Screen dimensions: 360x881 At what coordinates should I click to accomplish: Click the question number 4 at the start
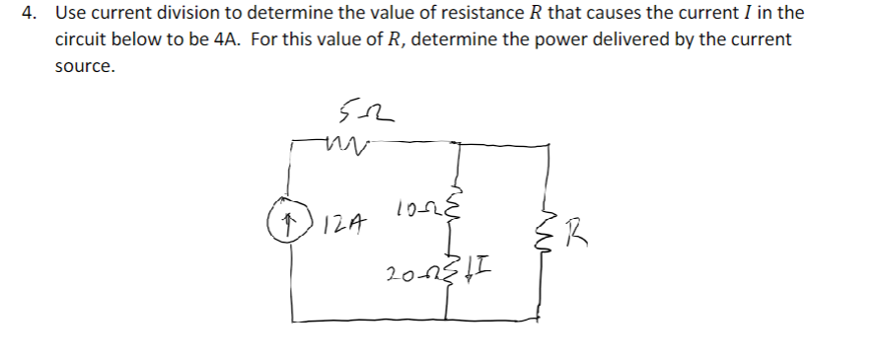[x=32, y=14]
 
